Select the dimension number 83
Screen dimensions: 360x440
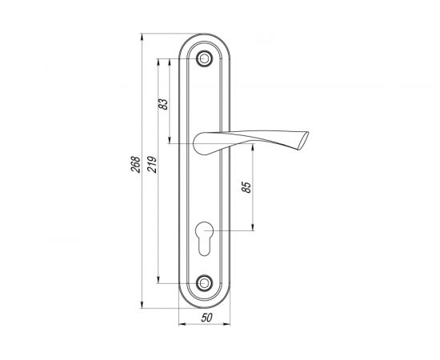[x=164, y=104]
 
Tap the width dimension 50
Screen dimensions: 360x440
[x=206, y=318]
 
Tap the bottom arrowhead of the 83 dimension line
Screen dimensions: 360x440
[x=170, y=142]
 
